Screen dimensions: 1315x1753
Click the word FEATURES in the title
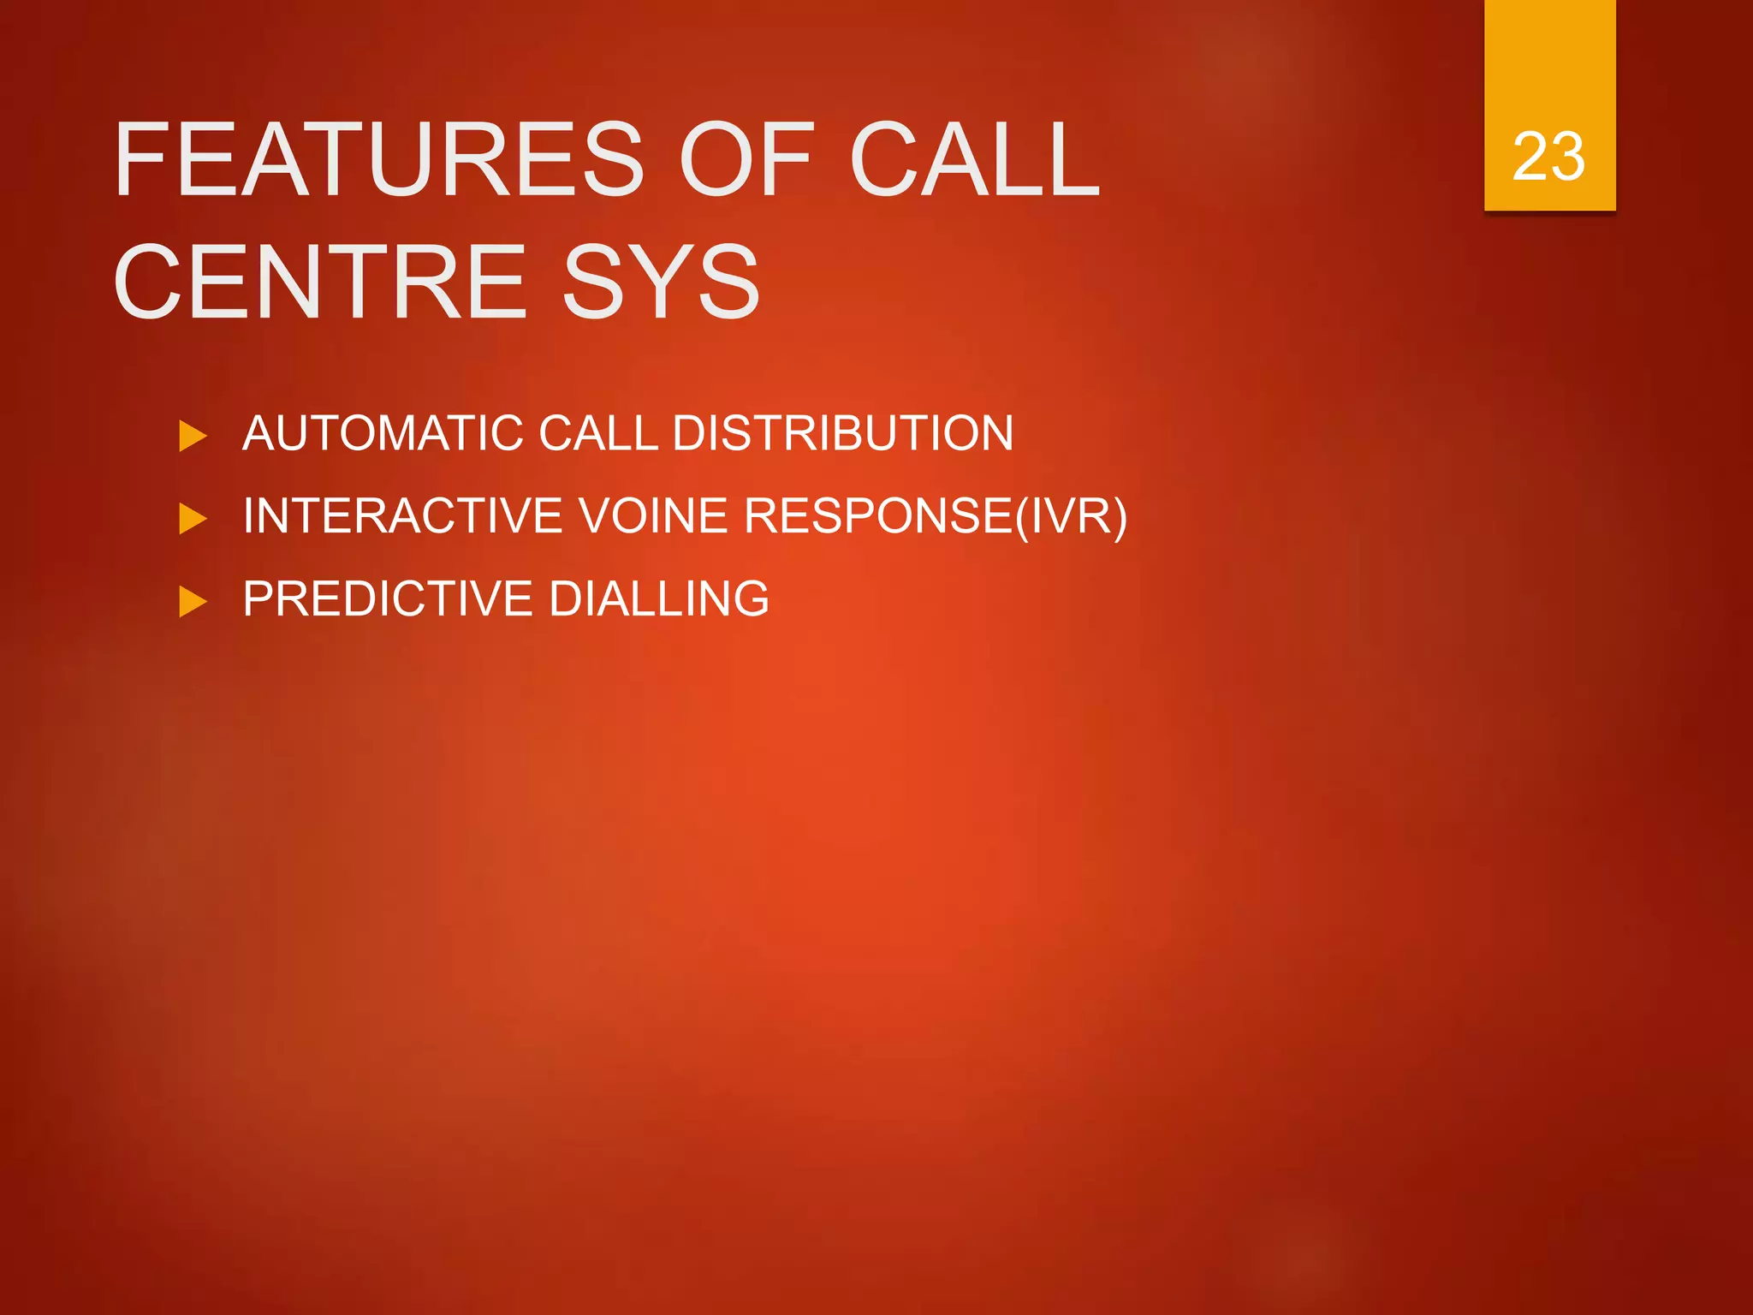[378, 159]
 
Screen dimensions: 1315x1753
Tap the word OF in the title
[745, 159]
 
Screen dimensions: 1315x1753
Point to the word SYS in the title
[661, 282]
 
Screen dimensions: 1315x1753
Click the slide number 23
[1548, 157]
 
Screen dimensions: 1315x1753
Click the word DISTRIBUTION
[843, 433]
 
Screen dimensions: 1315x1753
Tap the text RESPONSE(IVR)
[935, 516]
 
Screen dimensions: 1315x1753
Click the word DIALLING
[659, 598]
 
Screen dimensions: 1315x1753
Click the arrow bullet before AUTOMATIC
[193, 437]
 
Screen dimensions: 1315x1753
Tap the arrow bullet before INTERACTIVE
[193, 519]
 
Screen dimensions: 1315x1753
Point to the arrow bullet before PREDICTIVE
[193, 602]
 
